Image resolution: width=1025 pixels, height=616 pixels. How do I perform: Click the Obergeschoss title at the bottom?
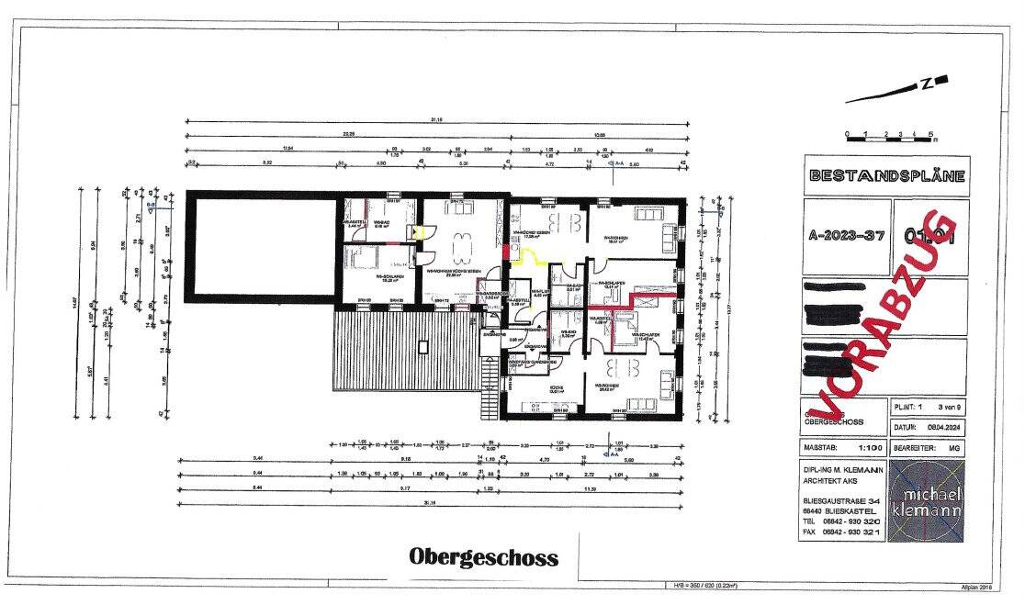tap(483, 556)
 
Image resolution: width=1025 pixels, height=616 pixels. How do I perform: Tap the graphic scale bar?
tap(890, 137)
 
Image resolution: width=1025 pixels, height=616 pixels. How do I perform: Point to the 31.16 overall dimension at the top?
tap(437, 119)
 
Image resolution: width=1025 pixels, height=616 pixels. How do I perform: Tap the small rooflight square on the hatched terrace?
tap(422, 347)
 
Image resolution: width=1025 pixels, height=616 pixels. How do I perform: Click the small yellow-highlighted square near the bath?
tap(420, 233)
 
